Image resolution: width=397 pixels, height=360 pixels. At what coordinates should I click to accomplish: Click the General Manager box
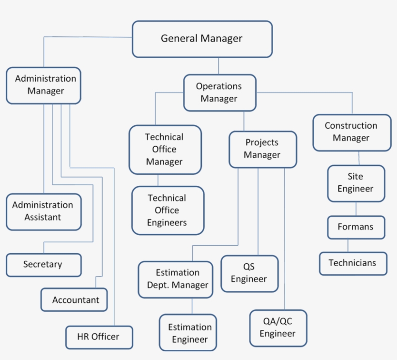pyautogui.click(x=202, y=39)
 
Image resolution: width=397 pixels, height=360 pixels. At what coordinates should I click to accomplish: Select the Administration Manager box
pyautogui.click(x=44, y=85)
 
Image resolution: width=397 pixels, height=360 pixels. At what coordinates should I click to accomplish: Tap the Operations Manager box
pyautogui.click(x=219, y=92)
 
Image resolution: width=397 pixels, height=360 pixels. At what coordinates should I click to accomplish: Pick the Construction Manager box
pyautogui.click(x=351, y=132)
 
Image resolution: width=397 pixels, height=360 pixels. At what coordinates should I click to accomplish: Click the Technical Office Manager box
pyautogui.click(x=165, y=150)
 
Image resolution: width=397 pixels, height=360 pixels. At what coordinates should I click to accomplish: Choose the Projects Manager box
pyautogui.click(x=262, y=149)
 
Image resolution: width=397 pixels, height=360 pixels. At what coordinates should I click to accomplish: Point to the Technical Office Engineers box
pyautogui.click(x=168, y=210)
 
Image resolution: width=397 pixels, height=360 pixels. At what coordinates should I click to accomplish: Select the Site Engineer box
pyautogui.click(x=356, y=183)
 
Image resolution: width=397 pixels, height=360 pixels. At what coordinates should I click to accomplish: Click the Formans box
pyautogui.click(x=356, y=227)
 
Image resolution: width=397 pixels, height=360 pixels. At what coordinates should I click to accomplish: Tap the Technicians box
pyautogui.click(x=353, y=263)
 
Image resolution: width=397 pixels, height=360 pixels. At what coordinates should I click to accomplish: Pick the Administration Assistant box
pyautogui.click(x=43, y=211)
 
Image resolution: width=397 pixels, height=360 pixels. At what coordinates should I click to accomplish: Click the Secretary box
pyautogui.click(x=43, y=265)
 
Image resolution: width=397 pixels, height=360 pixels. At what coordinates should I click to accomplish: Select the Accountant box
pyautogui.click(x=74, y=300)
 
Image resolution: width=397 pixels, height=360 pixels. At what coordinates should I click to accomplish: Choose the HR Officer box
pyautogui.click(x=99, y=337)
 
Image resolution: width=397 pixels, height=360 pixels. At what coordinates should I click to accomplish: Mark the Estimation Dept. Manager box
pyautogui.click(x=175, y=279)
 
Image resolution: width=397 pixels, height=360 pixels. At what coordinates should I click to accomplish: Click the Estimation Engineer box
pyautogui.click(x=188, y=333)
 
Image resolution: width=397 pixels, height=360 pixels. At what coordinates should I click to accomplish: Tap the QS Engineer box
pyautogui.click(x=249, y=273)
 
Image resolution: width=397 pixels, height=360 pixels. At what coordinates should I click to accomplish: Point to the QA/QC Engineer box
pyautogui.click(x=278, y=328)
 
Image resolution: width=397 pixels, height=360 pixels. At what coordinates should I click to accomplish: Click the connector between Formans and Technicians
pyautogui.click(x=348, y=246)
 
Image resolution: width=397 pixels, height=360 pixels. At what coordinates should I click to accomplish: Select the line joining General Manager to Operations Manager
pyautogui.click(x=218, y=66)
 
